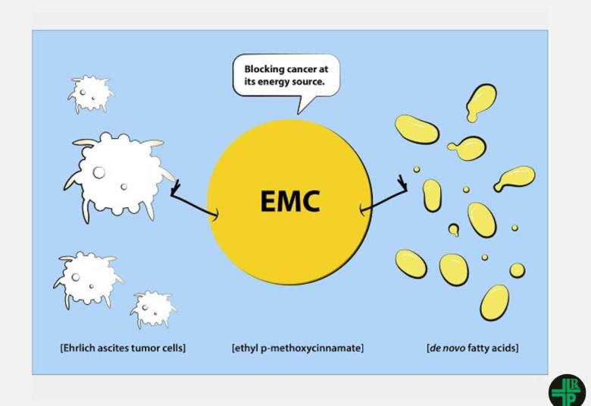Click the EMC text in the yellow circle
[x=290, y=201]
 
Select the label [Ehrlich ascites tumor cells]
[x=123, y=348]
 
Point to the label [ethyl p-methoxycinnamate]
[x=298, y=348]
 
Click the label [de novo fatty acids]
[x=473, y=348]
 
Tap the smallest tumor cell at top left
[x=90, y=93]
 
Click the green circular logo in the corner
[x=567, y=391]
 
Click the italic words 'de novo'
[x=445, y=348]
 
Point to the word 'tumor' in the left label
[x=147, y=348]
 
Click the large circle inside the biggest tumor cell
[x=99, y=172]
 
